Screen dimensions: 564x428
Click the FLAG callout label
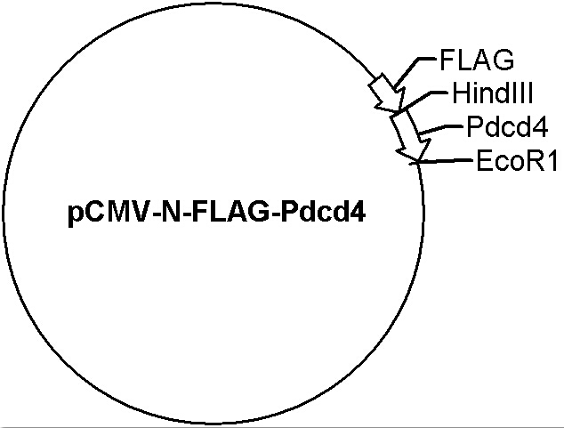477,61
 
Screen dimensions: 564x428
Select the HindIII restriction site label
492,93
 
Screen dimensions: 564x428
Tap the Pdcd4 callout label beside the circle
507,126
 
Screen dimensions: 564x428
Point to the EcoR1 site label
517,160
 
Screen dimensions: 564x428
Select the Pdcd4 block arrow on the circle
410,135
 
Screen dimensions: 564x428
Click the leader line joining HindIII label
424,98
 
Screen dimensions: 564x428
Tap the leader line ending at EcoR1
442,161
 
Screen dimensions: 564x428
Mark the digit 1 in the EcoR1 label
552,160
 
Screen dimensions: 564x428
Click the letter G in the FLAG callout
503,61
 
